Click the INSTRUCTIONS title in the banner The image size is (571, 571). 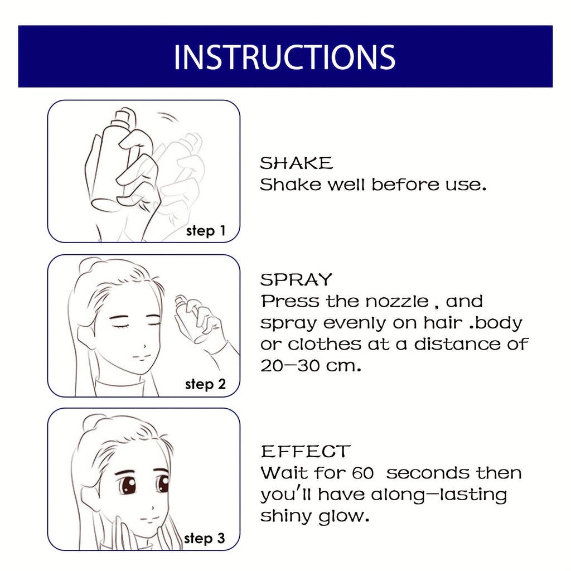click(284, 57)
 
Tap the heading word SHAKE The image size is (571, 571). click(296, 163)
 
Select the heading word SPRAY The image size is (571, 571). click(296, 279)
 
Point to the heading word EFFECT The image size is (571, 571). click(306, 451)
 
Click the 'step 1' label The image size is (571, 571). click(206, 231)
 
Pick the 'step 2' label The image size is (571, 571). click(205, 384)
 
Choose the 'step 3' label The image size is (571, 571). click(205, 538)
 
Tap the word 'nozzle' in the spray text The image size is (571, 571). click(396, 302)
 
